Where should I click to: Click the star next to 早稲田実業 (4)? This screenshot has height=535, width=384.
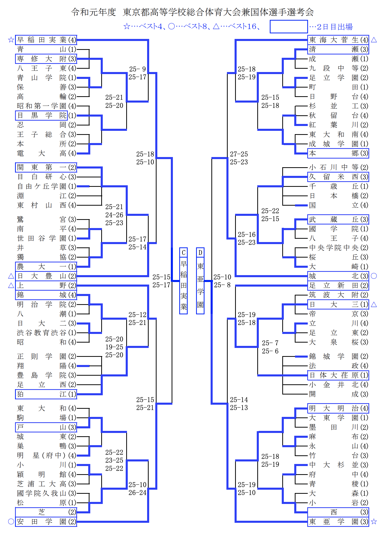tap(11, 40)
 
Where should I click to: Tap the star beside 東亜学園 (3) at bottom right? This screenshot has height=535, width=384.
tap(374, 522)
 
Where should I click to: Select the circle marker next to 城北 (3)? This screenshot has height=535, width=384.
tap(374, 276)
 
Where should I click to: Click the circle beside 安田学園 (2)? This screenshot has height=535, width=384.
tap(11, 522)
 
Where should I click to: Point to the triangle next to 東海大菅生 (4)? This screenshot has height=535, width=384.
tap(374, 40)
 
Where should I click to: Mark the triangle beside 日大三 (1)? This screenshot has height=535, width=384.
tap(374, 304)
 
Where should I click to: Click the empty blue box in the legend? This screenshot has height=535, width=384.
tap(289, 26)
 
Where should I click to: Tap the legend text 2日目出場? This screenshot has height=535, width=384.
tap(335, 27)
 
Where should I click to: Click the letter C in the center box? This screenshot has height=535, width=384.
tap(183, 252)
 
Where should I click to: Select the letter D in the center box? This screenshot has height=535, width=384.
tap(200, 252)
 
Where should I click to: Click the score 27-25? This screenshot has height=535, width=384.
tap(239, 154)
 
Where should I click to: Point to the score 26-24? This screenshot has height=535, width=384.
tap(137, 492)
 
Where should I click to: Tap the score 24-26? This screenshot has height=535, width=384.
tap(114, 215)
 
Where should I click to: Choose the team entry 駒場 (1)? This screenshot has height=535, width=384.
tap(47, 418)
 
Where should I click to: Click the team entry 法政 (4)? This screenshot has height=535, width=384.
tap(339, 366)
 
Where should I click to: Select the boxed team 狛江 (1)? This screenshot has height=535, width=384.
tap(46, 394)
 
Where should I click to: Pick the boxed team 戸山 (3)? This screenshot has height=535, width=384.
tap(46, 427)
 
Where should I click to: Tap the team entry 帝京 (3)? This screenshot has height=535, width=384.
tap(339, 314)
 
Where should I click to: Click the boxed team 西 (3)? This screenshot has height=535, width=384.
tap(338, 512)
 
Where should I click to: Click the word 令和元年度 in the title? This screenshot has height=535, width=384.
tap(94, 12)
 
